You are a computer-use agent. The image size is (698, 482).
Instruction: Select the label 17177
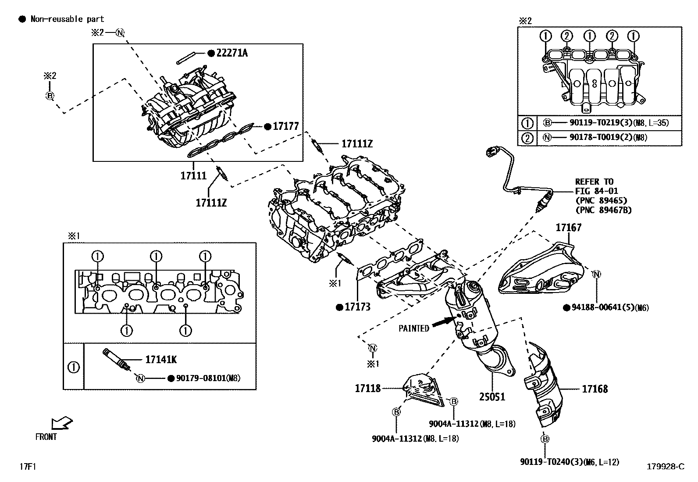(x=285, y=126)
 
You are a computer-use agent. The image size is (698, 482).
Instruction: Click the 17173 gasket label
(x=357, y=307)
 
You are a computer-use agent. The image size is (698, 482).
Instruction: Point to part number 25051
(x=492, y=397)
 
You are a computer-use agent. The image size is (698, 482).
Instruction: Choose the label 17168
(x=595, y=389)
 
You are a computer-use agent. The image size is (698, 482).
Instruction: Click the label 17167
(x=569, y=227)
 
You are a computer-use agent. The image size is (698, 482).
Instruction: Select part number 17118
(x=367, y=388)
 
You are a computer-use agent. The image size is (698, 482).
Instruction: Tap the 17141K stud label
(x=161, y=360)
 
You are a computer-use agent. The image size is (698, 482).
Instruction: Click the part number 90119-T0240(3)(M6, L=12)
(x=570, y=461)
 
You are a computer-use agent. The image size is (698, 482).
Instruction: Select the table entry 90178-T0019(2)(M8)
(x=608, y=137)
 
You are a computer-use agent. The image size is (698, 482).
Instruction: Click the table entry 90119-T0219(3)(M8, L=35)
(x=619, y=123)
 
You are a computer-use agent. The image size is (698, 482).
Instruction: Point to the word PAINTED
(x=414, y=328)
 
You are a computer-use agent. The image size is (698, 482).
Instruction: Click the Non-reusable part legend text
(x=67, y=19)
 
